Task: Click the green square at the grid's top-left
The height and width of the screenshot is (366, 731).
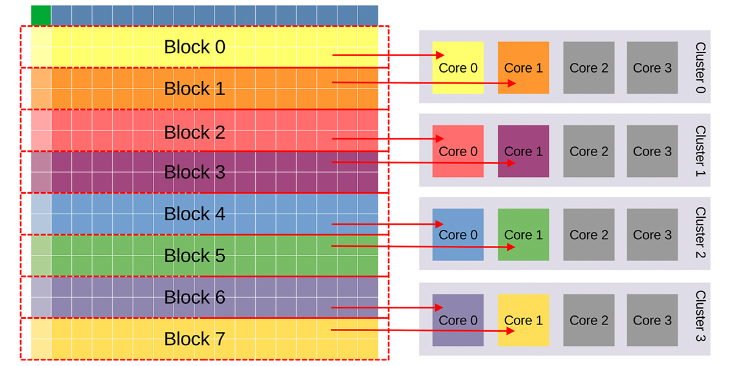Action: [41, 15]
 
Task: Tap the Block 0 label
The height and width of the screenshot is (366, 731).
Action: [194, 47]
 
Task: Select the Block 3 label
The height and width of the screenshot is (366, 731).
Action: [194, 172]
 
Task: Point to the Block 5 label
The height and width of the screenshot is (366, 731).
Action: [194, 255]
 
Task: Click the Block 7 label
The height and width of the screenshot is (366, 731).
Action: [194, 339]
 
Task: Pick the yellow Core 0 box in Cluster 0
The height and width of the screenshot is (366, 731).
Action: [458, 68]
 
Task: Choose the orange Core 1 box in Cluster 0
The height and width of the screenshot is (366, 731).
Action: [523, 68]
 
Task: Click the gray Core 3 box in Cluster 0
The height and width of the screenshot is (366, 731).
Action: [652, 68]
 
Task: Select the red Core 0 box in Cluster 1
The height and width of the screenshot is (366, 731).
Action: [458, 151]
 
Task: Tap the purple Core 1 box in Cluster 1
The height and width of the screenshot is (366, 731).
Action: [523, 151]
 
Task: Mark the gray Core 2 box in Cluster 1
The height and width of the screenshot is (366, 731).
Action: [588, 151]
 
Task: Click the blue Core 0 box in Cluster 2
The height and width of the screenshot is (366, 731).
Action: [458, 235]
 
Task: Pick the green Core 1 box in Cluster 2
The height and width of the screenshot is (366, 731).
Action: [523, 235]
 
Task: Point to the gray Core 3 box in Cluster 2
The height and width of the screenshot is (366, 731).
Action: [652, 235]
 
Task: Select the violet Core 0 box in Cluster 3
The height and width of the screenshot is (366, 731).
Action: [458, 320]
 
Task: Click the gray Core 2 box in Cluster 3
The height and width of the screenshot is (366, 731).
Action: [588, 320]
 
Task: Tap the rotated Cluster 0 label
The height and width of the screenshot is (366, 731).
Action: [701, 68]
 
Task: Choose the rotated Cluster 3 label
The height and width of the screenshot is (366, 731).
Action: [701, 316]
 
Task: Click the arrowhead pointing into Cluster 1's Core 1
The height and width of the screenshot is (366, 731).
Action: [511, 163]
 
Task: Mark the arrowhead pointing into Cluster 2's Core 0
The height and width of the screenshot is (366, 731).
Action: [439, 224]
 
